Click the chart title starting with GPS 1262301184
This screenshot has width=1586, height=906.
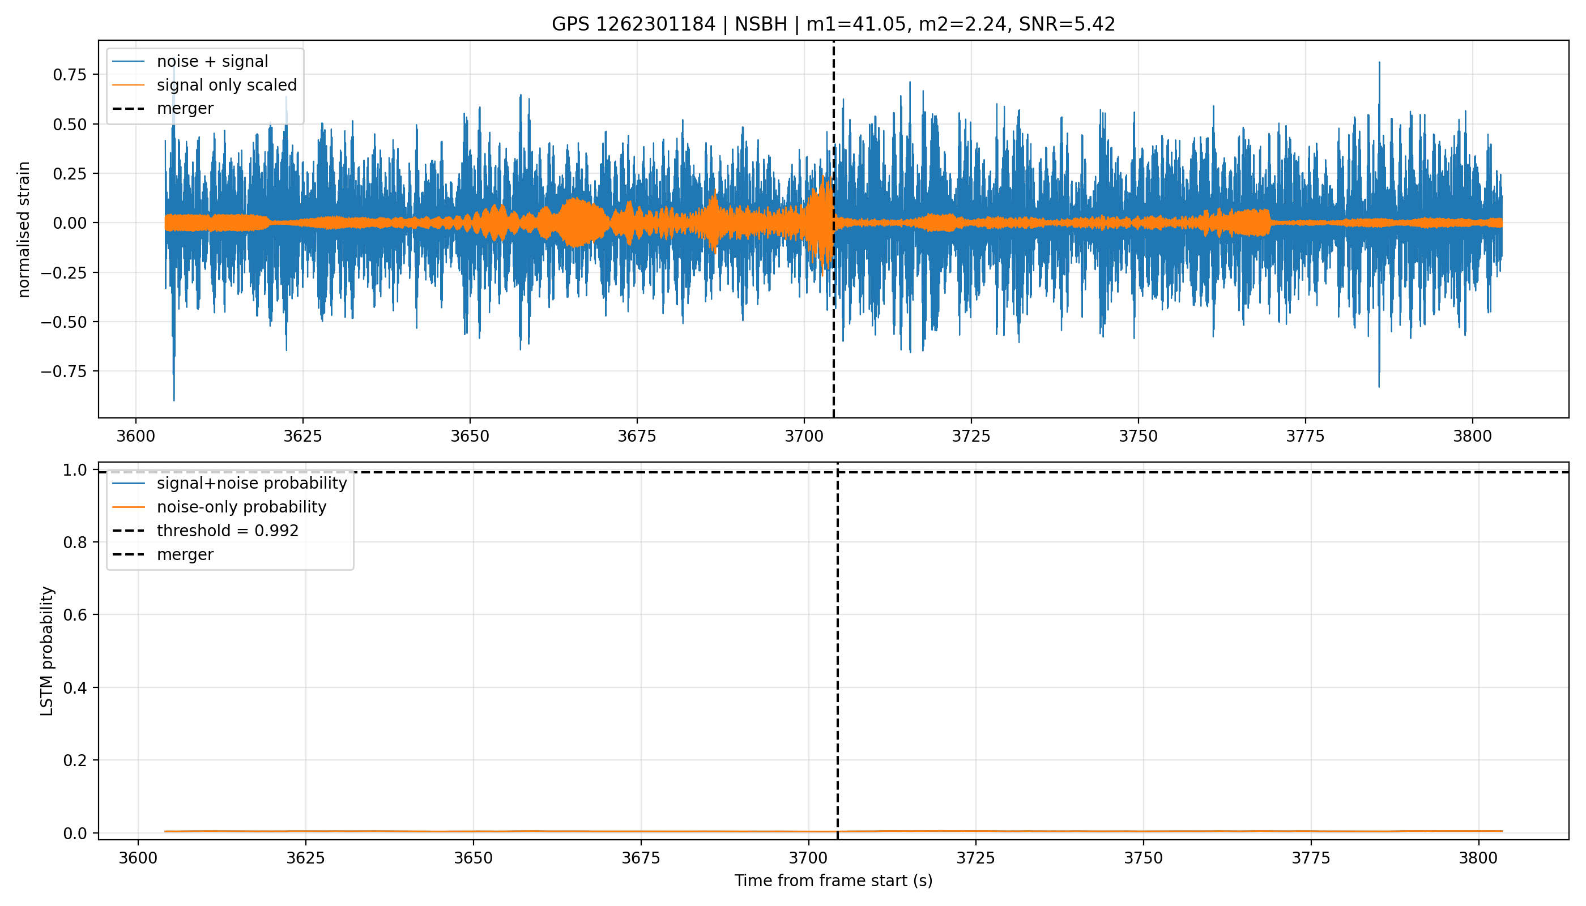click(x=833, y=24)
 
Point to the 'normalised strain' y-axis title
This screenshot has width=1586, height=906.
click(x=24, y=229)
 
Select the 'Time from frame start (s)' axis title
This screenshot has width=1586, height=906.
click(x=833, y=881)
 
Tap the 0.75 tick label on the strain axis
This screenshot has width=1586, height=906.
click(x=71, y=75)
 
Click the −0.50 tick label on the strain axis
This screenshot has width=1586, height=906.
click(x=65, y=322)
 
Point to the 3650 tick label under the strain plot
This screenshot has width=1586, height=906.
click(x=470, y=435)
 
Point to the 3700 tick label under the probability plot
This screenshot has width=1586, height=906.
click(x=808, y=858)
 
